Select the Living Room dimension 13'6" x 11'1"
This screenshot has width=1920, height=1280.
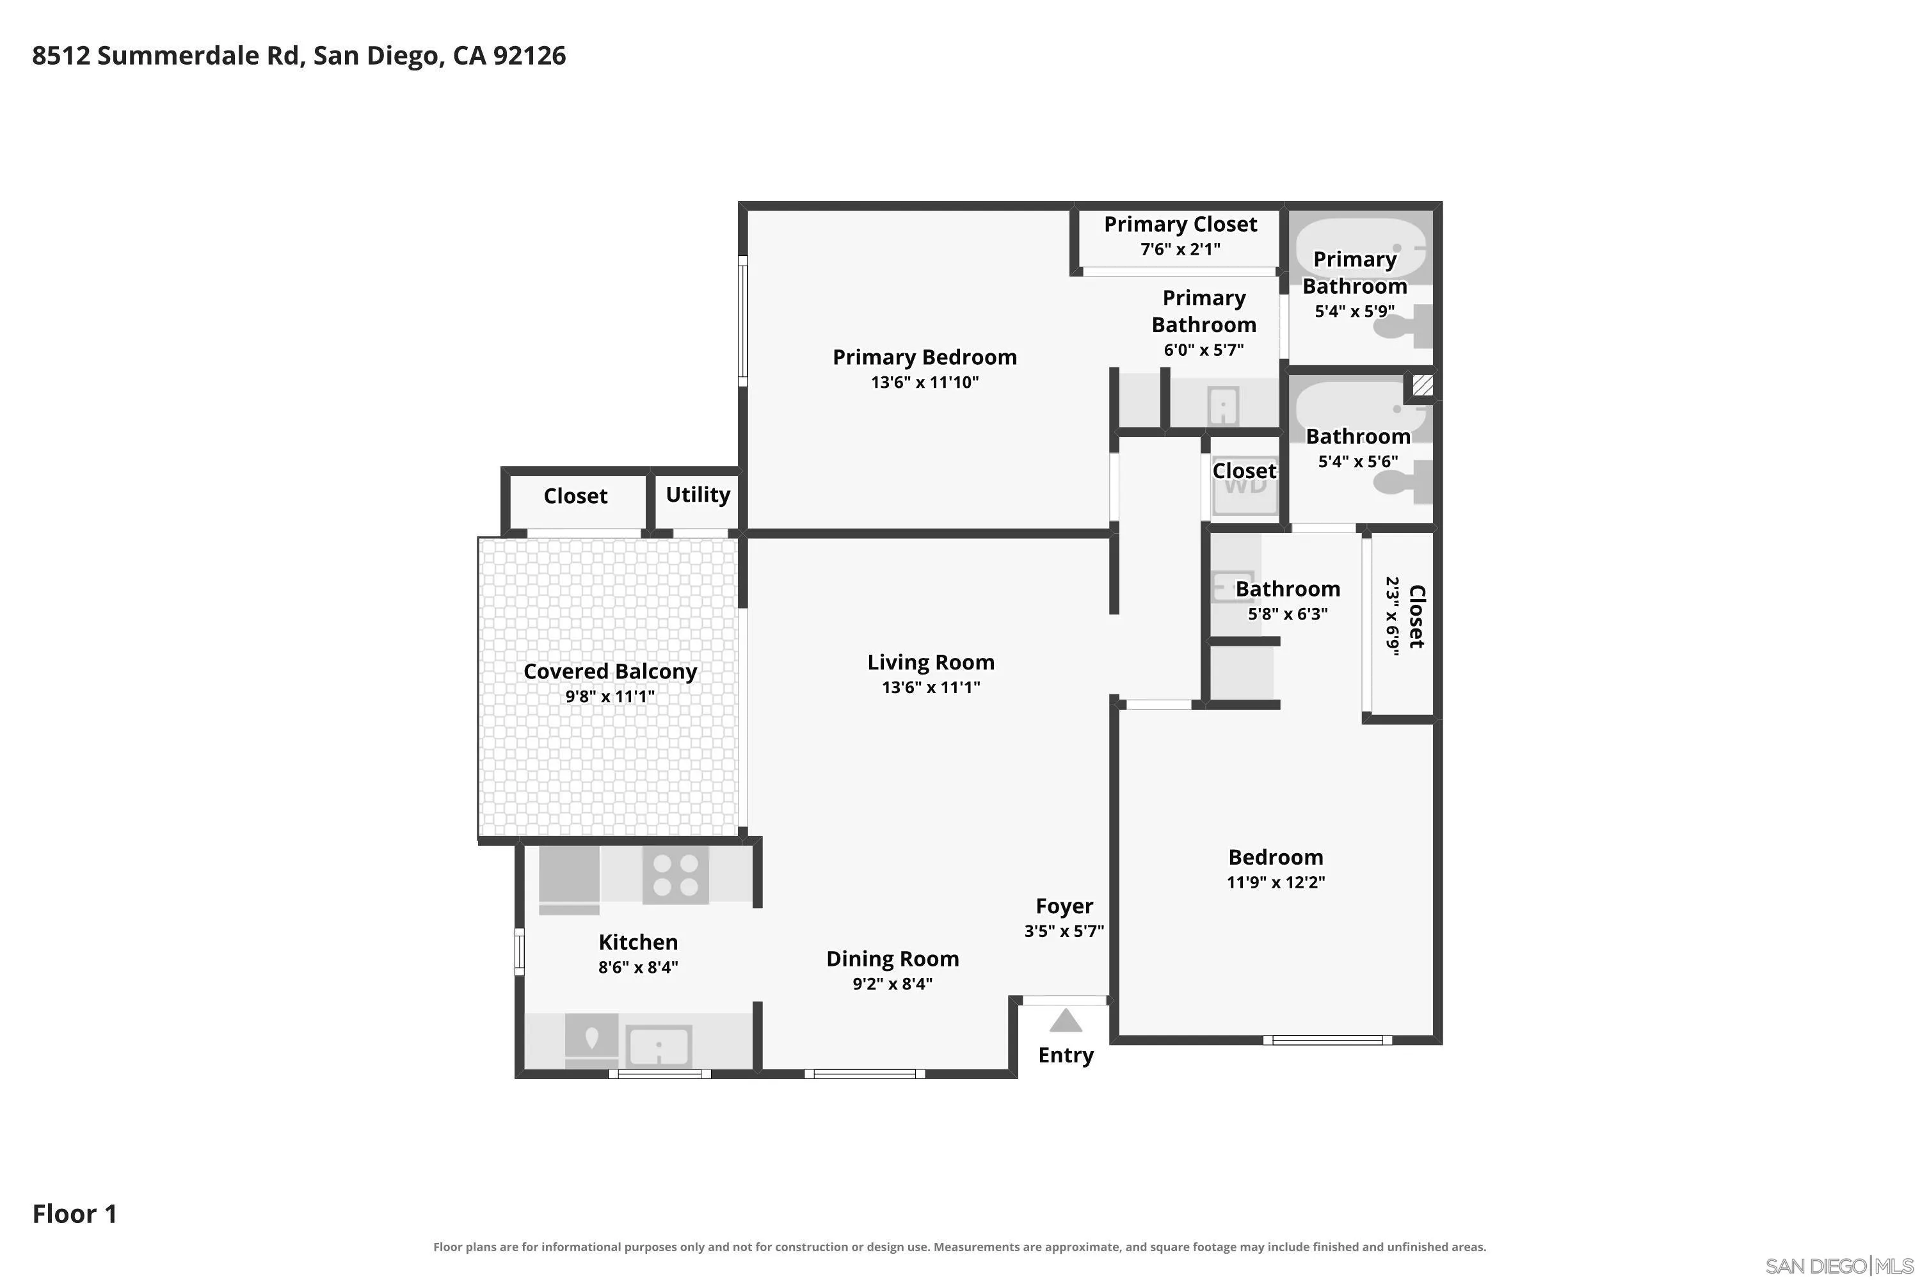tap(931, 687)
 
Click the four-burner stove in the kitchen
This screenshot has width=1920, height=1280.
tap(675, 874)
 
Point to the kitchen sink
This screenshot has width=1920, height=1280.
tap(658, 1046)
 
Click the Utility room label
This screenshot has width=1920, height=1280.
tap(698, 495)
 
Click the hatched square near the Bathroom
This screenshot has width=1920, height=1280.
tap(1422, 385)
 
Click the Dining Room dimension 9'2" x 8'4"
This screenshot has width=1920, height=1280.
tap(892, 983)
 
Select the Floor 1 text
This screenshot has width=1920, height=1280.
tap(74, 1214)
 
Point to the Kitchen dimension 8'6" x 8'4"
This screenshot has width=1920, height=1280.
tap(637, 966)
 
